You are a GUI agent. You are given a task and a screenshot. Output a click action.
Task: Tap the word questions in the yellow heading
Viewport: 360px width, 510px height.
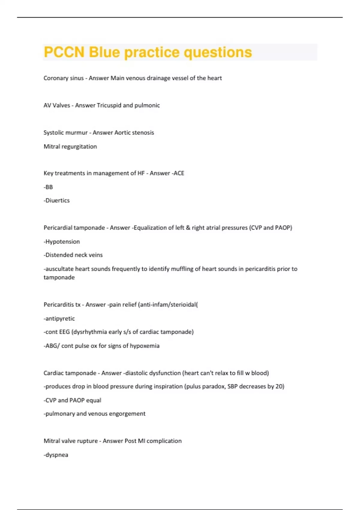(x=218, y=52)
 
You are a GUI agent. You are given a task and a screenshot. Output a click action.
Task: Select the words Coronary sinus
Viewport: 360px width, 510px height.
(x=63, y=78)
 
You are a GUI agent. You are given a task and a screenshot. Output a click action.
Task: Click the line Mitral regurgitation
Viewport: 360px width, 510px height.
(x=70, y=146)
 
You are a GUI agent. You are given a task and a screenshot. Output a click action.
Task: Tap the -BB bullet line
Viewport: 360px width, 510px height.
(x=48, y=187)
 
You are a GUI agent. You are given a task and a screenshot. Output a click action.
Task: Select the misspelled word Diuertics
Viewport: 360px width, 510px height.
(x=57, y=200)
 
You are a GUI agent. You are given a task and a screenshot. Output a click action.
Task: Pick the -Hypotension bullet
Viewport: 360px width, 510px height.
(x=62, y=241)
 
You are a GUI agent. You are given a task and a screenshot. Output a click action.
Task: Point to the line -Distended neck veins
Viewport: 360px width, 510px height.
(x=73, y=255)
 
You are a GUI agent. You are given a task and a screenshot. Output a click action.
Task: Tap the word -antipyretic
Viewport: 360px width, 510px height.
(x=59, y=318)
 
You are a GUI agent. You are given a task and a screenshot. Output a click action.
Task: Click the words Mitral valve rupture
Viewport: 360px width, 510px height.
(x=70, y=441)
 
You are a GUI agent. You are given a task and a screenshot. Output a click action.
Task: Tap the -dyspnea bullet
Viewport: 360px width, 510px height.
(x=56, y=455)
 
